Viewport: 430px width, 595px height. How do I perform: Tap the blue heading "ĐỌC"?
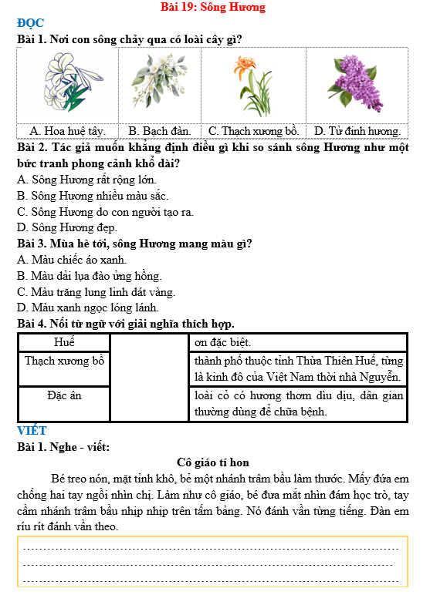pos(30,23)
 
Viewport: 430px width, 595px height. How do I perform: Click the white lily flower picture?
pos(68,82)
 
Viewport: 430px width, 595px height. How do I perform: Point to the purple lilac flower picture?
pos(356,83)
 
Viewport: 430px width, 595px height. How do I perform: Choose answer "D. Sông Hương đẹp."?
pos(67,227)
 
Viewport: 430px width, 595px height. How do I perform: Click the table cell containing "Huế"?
pos(64,341)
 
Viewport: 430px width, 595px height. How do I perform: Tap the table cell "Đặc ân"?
pos(64,395)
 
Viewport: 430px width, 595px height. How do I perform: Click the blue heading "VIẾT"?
pos(32,430)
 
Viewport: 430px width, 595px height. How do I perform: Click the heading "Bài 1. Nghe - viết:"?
pos(63,446)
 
